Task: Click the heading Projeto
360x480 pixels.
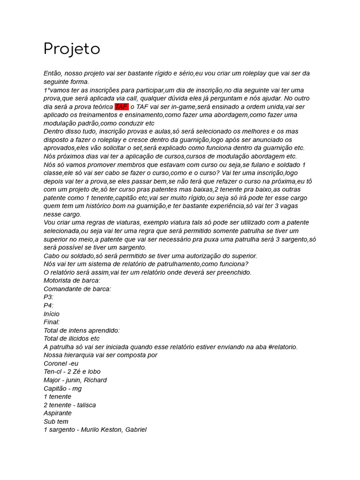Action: click(x=72, y=49)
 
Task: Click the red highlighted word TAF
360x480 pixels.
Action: click(x=121, y=106)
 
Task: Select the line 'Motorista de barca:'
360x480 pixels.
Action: click(x=72, y=280)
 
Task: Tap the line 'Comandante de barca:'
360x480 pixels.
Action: click(x=77, y=289)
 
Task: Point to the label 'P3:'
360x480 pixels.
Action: click(x=48, y=297)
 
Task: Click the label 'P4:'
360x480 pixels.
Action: click(x=48, y=305)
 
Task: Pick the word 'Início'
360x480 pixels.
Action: click(x=52, y=314)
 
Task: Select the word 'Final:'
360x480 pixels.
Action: click(x=52, y=322)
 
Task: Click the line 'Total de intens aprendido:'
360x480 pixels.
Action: click(x=82, y=330)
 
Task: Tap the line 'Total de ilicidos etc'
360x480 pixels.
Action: click(x=71, y=338)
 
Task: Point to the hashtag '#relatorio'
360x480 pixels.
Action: click(x=282, y=347)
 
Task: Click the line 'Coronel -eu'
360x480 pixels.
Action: click(x=61, y=363)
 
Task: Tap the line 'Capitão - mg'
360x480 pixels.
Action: click(x=62, y=388)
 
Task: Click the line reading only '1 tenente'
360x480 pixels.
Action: click(x=57, y=397)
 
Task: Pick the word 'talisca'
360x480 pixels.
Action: click(x=86, y=405)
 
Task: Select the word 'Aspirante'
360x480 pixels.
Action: click(x=58, y=413)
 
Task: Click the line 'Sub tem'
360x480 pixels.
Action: click(x=56, y=421)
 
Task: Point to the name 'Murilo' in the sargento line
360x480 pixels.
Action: click(x=91, y=429)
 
